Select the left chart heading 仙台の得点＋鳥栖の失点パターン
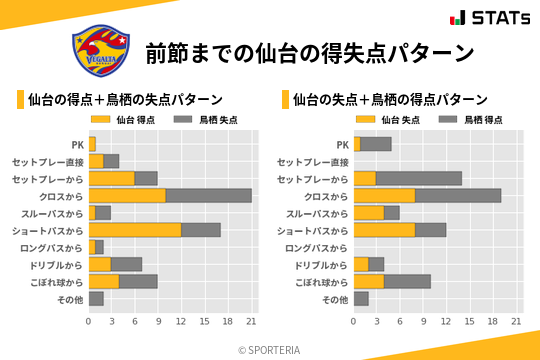[x=125, y=99]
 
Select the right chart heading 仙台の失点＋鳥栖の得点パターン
[x=390, y=99]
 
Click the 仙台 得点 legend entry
[x=123, y=119]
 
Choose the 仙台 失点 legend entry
[x=388, y=119]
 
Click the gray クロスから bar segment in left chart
[x=209, y=195]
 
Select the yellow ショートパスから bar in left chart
[x=135, y=229]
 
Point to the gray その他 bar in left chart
[x=96, y=298]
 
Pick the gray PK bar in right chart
[x=376, y=144]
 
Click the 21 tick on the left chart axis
[x=252, y=321]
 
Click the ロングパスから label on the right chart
[x=317, y=247]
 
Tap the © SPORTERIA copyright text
[x=270, y=349]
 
